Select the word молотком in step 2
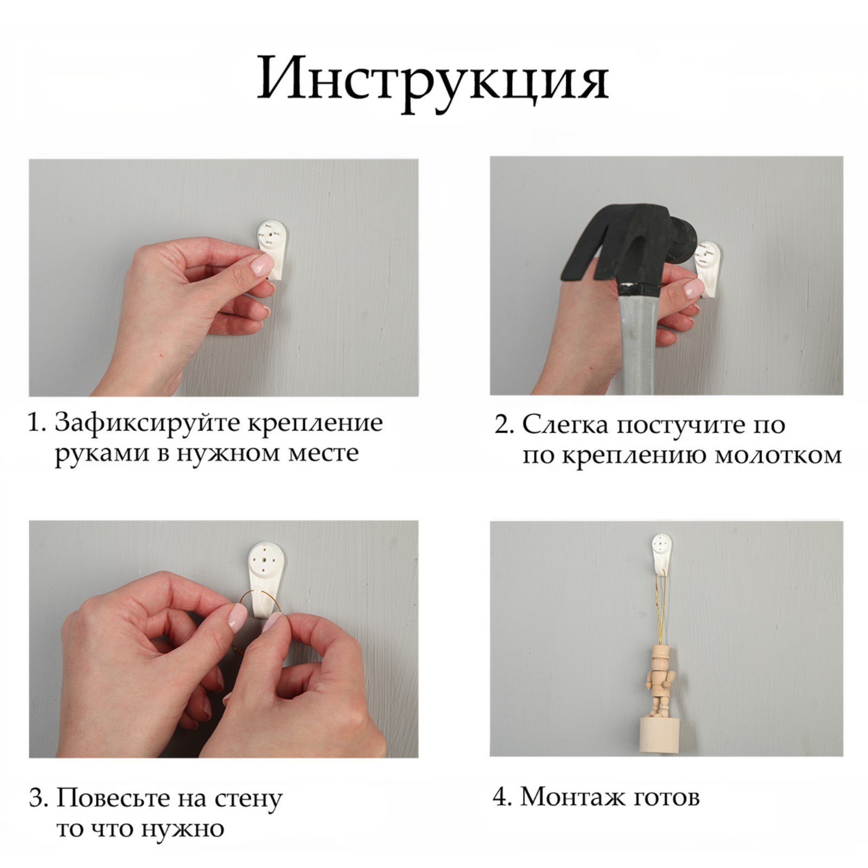pos(777,455)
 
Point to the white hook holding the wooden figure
pos(661,553)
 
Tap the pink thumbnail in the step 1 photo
pos(262,265)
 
